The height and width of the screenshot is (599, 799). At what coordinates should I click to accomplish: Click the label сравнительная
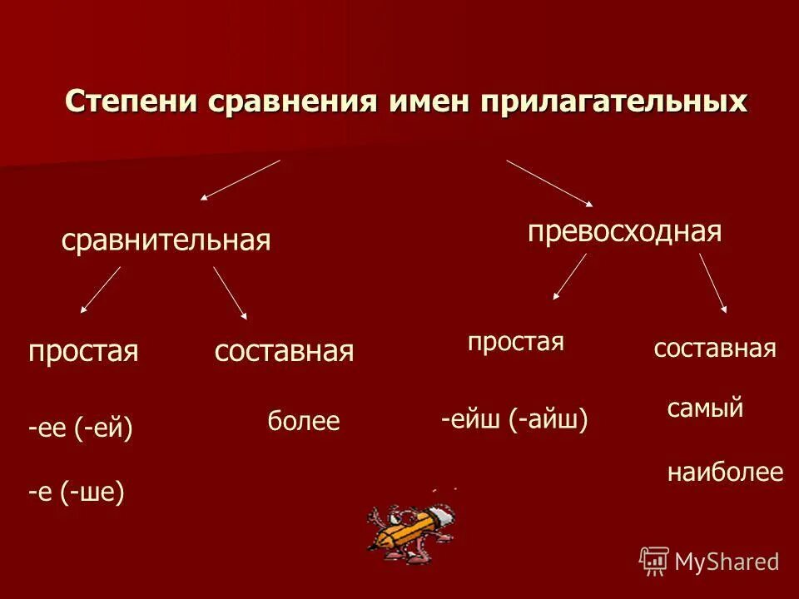tap(166, 240)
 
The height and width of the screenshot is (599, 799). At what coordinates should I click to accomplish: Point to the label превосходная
tap(624, 231)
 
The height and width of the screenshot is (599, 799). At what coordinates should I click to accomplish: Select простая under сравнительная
tap(82, 351)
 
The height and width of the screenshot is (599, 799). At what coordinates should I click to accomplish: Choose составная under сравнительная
tap(284, 351)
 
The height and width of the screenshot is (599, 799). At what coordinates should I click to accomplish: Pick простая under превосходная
tap(516, 342)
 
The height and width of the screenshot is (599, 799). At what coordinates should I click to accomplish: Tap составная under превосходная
tap(715, 349)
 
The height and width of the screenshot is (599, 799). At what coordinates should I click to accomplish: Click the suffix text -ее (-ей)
tap(80, 428)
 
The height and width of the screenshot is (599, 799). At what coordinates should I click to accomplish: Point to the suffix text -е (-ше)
tap(76, 493)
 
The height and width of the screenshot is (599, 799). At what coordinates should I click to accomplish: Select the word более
tap(304, 422)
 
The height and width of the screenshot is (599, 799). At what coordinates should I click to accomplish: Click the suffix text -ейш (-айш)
tap(514, 420)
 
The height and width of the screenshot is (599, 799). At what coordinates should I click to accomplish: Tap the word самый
tap(705, 408)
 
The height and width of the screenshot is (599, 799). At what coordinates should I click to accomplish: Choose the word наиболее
tap(725, 473)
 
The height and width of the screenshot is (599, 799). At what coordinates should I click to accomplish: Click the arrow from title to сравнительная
tap(240, 180)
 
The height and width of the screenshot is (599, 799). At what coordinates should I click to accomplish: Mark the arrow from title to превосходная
tap(549, 182)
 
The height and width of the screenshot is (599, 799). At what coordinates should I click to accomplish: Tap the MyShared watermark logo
tap(709, 561)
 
